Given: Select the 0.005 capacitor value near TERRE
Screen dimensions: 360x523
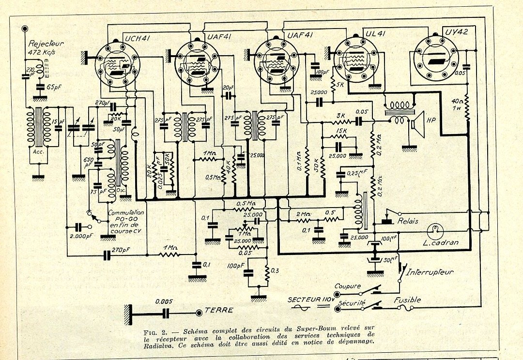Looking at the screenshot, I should point(165,301).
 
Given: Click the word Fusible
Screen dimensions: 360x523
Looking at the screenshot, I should point(407,300).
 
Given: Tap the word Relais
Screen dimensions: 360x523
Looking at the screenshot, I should point(408,221).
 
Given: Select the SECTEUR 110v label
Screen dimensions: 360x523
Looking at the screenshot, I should point(309,300).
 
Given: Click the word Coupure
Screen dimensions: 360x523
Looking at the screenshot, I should point(347,286).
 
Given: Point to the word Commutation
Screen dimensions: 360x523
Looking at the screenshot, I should point(126,213).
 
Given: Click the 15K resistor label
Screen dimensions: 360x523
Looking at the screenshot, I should point(341,132).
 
